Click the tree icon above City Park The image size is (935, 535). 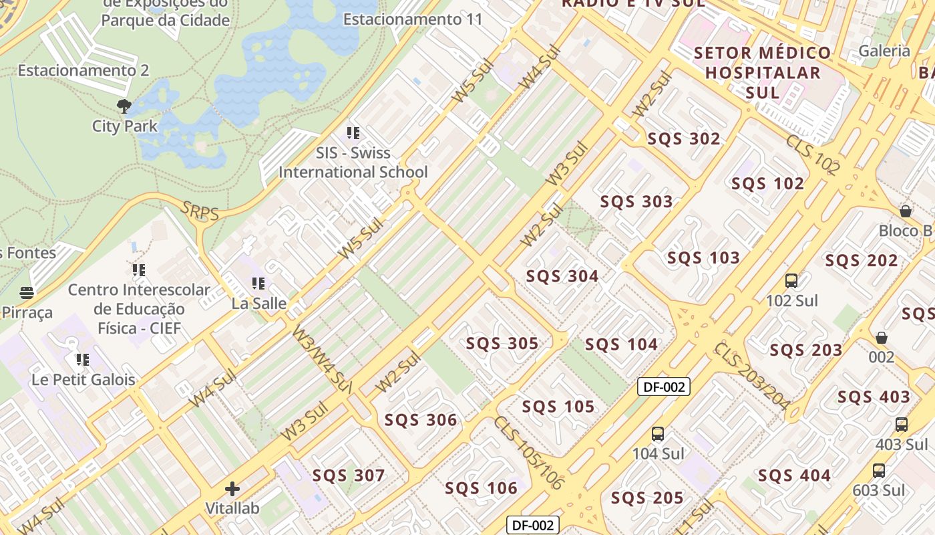[x=124, y=106]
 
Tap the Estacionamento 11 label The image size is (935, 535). [x=412, y=19]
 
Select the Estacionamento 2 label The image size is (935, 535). [x=83, y=70]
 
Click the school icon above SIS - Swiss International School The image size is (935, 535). [x=353, y=133]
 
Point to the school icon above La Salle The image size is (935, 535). [x=258, y=284]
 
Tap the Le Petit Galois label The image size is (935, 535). [x=83, y=380]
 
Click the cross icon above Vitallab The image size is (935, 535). [x=232, y=489]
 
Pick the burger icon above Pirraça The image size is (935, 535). [x=27, y=293]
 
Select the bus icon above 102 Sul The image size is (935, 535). [x=791, y=281]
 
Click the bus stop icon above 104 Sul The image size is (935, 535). [x=658, y=434]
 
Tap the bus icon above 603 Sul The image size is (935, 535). [x=879, y=470]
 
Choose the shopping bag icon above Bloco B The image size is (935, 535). [x=906, y=211]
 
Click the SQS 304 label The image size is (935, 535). [x=562, y=276]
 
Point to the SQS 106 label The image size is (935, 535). [x=482, y=488]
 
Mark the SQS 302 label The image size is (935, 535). [x=684, y=139]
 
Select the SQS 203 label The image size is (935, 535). [x=806, y=350]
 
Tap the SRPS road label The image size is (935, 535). [x=200, y=213]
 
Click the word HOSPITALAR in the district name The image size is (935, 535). [x=763, y=73]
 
